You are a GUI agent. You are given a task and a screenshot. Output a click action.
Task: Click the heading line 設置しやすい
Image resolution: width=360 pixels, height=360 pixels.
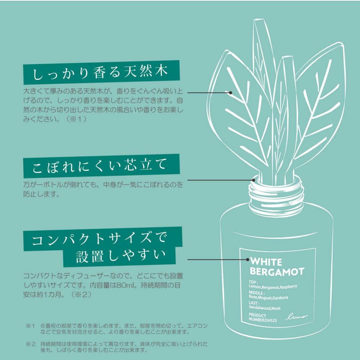121,256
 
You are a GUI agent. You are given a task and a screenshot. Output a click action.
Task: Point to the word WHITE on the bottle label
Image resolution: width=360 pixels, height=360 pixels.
266,262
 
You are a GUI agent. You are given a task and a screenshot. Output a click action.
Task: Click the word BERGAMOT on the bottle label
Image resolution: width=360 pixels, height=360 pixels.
277,271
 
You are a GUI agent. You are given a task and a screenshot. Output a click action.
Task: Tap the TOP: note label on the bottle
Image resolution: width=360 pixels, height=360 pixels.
253,282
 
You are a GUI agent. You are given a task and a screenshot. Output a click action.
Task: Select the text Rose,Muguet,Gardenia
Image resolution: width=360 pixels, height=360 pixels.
269,297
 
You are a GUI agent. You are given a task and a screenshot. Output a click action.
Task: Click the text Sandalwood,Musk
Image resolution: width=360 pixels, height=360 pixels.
265,308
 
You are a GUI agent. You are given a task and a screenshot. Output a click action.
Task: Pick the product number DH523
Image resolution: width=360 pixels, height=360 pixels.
271,320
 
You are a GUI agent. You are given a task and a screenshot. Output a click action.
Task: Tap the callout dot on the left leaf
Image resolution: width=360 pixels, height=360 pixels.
230,93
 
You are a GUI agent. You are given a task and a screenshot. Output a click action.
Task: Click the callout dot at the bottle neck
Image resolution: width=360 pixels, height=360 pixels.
253,180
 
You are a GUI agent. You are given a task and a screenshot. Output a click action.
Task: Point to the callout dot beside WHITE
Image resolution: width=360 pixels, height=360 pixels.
248,260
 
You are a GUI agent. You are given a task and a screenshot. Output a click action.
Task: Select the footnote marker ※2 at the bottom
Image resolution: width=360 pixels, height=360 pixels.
31,344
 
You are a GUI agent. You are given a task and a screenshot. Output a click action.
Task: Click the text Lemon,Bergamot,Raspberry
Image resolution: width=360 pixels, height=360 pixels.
273,287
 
